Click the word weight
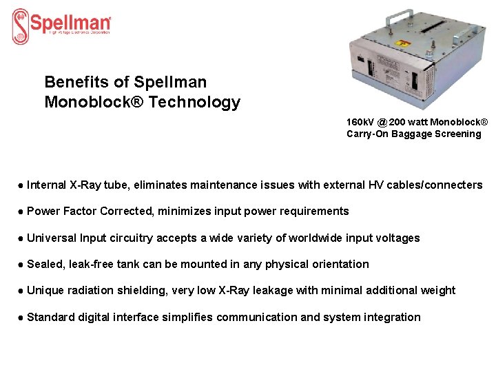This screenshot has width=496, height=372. (439, 291)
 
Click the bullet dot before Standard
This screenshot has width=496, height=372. (21, 317)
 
